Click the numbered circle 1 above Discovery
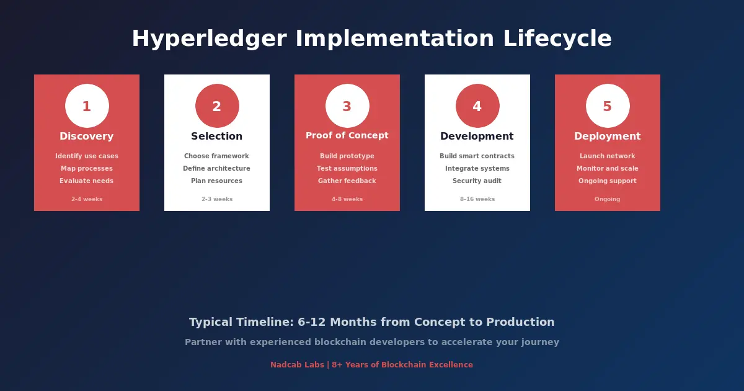click(x=87, y=106)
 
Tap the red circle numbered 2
click(x=217, y=106)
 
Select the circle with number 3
click(x=347, y=106)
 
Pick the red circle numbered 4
click(x=477, y=106)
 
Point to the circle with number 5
click(x=608, y=106)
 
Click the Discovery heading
click(x=87, y=137)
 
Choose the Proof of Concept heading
click(x=347, y=135)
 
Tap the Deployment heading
click(x=608, y=137)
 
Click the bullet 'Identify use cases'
click(x=87, y=156)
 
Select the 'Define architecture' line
click(x=217, y=169)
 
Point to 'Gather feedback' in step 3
click(x=347, y=181)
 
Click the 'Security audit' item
click(x=477, y=181)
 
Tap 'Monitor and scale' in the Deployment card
click(x=608, y=169)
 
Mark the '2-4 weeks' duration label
click(x=87, y=199)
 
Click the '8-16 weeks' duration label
click(x=477, y=199)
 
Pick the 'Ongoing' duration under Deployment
click(x=608, y=199)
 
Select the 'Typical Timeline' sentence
click(x=372, y=322)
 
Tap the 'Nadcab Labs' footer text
click(x=297, y=365)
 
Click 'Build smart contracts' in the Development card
click(x=477, y=156)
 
